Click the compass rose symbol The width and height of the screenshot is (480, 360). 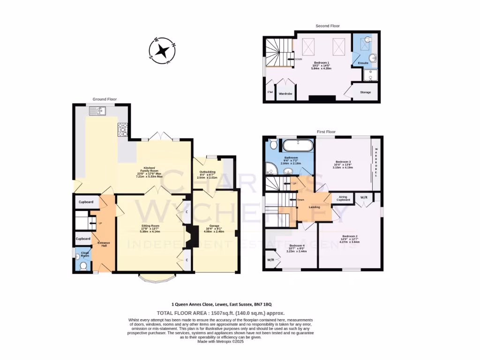162,50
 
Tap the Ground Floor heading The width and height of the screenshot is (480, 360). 105,99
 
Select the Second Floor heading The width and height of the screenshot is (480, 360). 328,26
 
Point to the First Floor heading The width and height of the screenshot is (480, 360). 328,132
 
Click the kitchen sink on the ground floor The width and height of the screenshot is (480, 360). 98,111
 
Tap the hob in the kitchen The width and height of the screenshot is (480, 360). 123,129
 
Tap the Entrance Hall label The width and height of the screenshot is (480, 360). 104,244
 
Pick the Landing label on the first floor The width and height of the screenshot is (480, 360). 315,207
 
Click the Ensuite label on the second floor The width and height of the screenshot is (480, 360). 363,63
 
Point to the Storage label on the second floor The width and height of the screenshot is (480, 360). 365,92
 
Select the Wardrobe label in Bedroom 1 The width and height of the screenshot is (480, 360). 285,93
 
